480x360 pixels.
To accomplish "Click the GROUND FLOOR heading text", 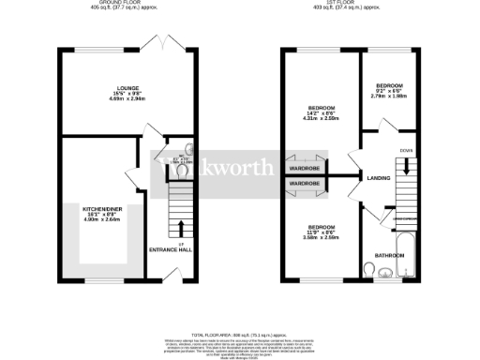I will [127, 5].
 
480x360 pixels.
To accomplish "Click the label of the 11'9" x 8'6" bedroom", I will [320, 227].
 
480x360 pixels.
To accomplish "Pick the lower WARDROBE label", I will [306, 182].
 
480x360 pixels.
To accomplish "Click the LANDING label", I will [379, 176].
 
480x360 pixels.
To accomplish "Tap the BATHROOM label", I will [390, 255].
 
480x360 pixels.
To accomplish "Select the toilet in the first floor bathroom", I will [374, 272].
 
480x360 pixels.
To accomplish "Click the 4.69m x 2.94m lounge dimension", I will [127, 98].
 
